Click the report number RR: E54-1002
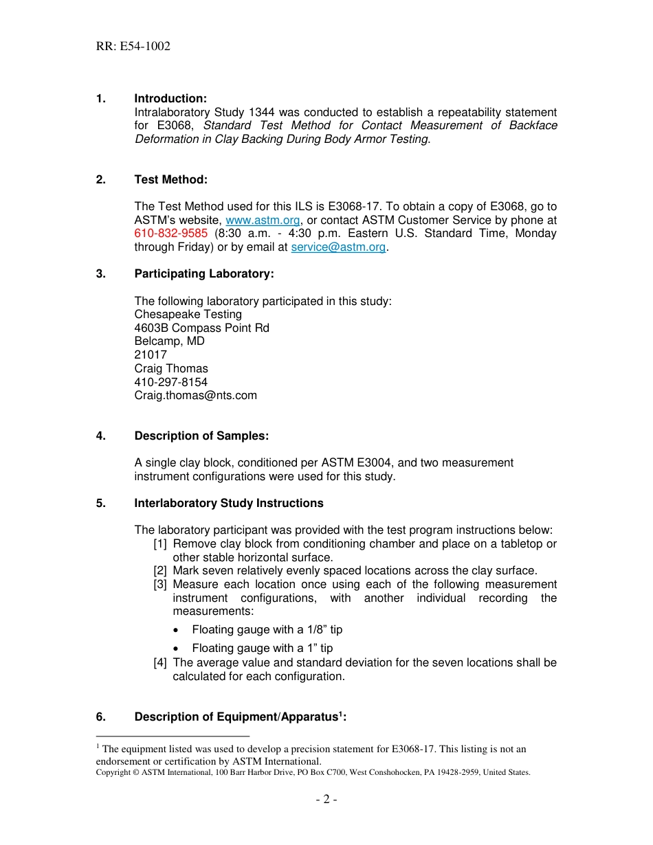click(x=133, y=47)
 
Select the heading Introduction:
click(x=170, y=99)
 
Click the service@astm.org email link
click(x=338, y=247)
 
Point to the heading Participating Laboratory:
click(x=204, y=274)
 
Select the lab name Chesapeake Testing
click(x=188, y=315)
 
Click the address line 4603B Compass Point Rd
click(x=201, y=328)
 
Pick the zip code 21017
click(x=151, y=355)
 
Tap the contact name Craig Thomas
click(x=171, y=369)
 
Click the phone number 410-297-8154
click(x=170, y=382)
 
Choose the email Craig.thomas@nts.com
click(x=195, y=396)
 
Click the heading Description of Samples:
click(x=201, y=436)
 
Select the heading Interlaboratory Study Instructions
click(x=229, y=504)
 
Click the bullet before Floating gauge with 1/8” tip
click(x=178, y=630)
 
